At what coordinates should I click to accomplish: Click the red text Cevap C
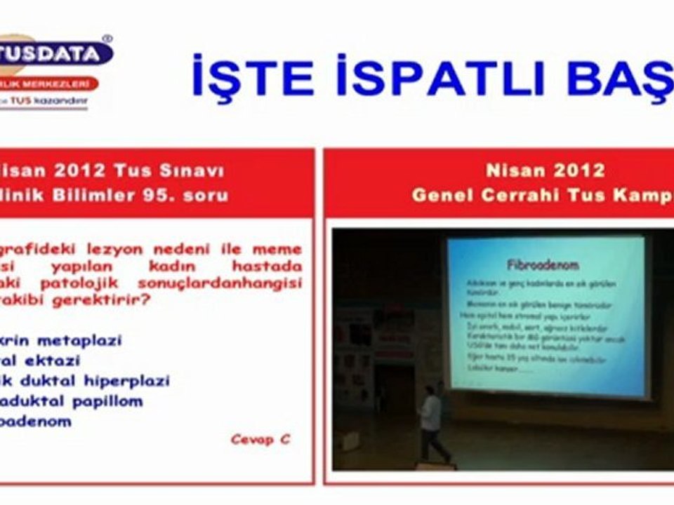(260, 440)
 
